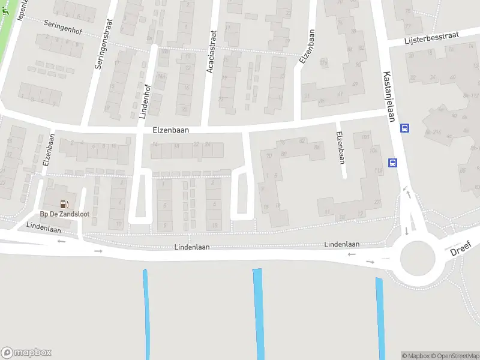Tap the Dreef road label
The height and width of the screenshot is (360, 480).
point(461,248)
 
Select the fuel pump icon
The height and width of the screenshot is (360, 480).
point(64,204)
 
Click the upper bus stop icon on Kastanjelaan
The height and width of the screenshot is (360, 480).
point(405,127)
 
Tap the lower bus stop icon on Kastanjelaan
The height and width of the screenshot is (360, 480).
point(392,162)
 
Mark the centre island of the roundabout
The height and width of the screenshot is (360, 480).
point(417,259)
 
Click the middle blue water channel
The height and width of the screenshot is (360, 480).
point(259,312)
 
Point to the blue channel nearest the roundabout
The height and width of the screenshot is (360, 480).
point(380,318)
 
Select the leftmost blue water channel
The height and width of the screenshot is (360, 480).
point(146,312)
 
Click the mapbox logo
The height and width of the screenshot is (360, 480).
point(26,353)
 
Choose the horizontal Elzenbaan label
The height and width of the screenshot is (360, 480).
point(171,128)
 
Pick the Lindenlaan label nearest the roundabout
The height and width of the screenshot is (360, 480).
point(341,244)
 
